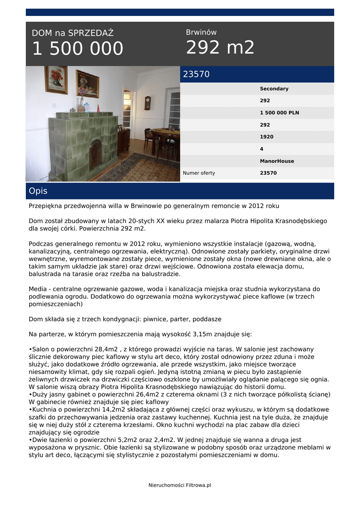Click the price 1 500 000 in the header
pos(77,49)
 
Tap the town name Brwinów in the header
pos(201,32)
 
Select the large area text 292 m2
pos(220,48)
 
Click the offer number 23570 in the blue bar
pos(197,74)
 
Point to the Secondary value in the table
pos(274,89)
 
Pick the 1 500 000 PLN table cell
pos(279,113)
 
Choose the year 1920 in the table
pos(266,137)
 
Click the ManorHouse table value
pos(277,161)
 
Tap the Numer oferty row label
pos(199,173)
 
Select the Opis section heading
pos(38,191)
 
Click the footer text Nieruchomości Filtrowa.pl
pos(180,485)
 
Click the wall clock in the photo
pos(147,102)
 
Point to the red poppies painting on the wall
pos(56,79)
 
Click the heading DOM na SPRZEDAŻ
pos(72,33)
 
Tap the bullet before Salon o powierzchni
pos(30,349)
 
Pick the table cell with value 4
pos(262,149)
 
